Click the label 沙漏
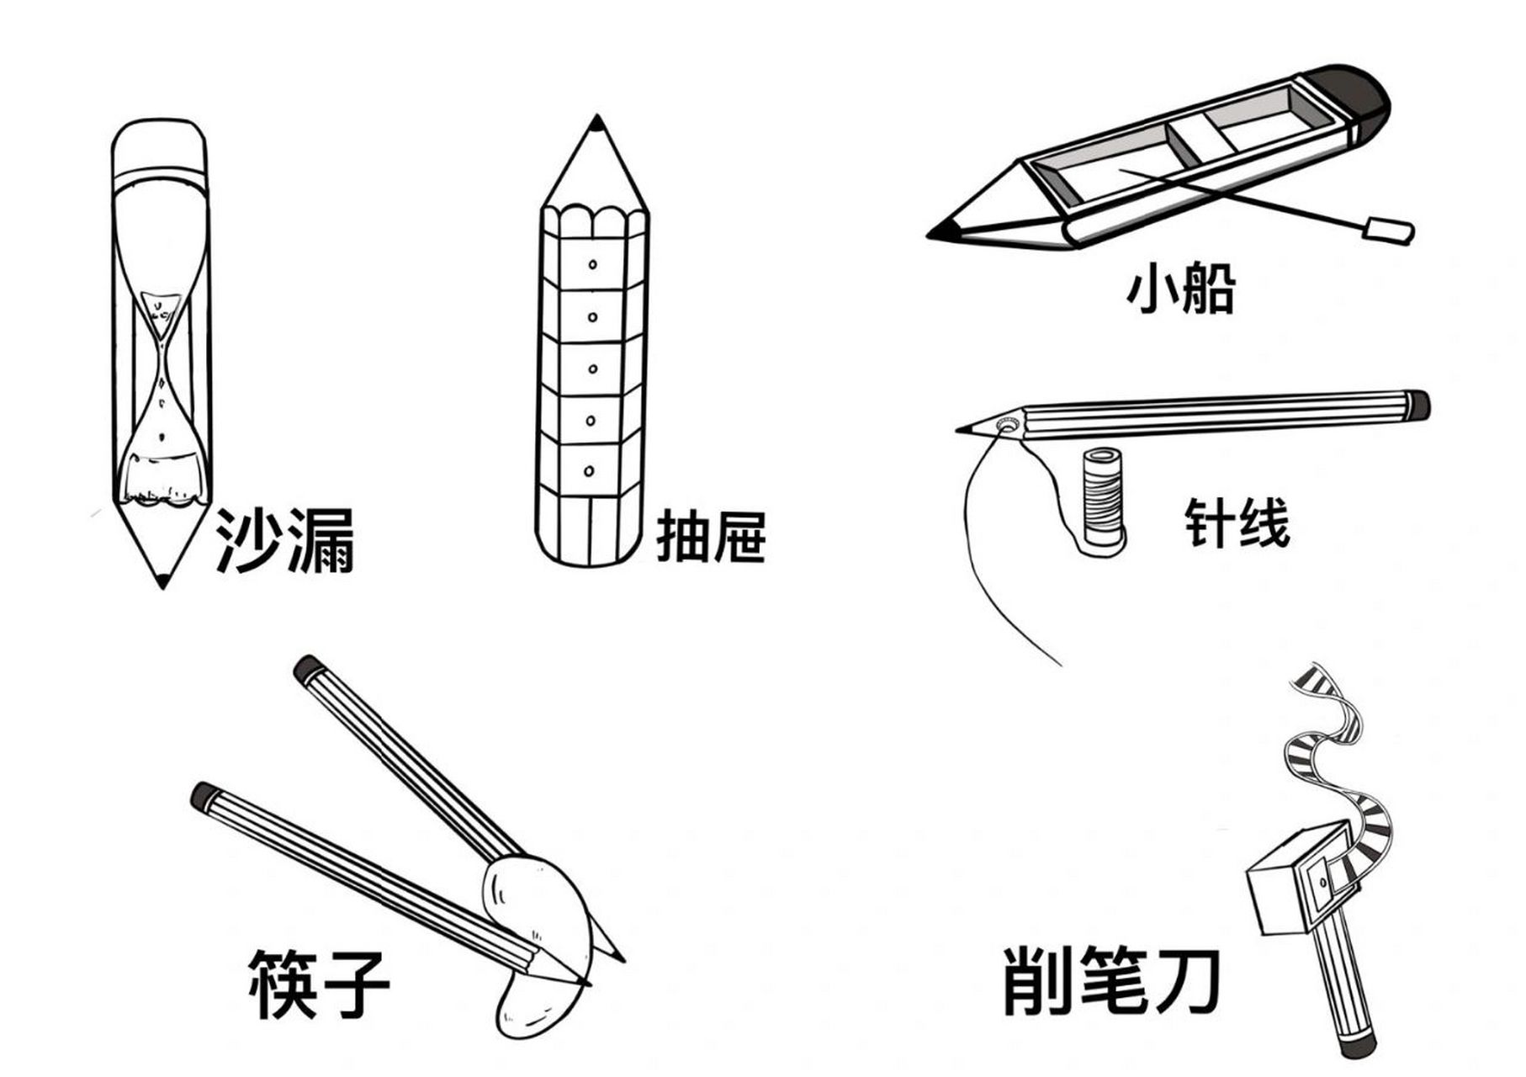284,541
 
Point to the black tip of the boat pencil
942,231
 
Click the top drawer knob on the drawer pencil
593,264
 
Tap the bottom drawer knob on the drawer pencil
590,471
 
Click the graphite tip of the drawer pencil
596,125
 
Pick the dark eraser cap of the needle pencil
1417,405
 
